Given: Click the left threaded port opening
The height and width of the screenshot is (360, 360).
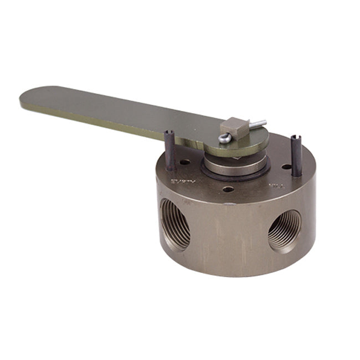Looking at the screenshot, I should (175, 224).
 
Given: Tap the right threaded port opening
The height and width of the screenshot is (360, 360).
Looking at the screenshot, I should (285, 230).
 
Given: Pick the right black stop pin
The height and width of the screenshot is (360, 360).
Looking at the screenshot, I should (296, 157).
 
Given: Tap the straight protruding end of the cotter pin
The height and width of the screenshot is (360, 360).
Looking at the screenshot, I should (259, 123).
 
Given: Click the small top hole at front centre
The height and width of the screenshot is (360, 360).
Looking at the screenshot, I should (228, 189).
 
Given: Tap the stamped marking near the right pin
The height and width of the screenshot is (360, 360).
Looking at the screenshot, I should (273, 186).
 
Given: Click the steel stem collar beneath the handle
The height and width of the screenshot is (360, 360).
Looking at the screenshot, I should (233, 164).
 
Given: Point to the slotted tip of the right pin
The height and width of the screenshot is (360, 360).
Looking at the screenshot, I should (294, 138).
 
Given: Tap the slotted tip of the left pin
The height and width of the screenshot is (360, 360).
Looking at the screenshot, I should (167, 133).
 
